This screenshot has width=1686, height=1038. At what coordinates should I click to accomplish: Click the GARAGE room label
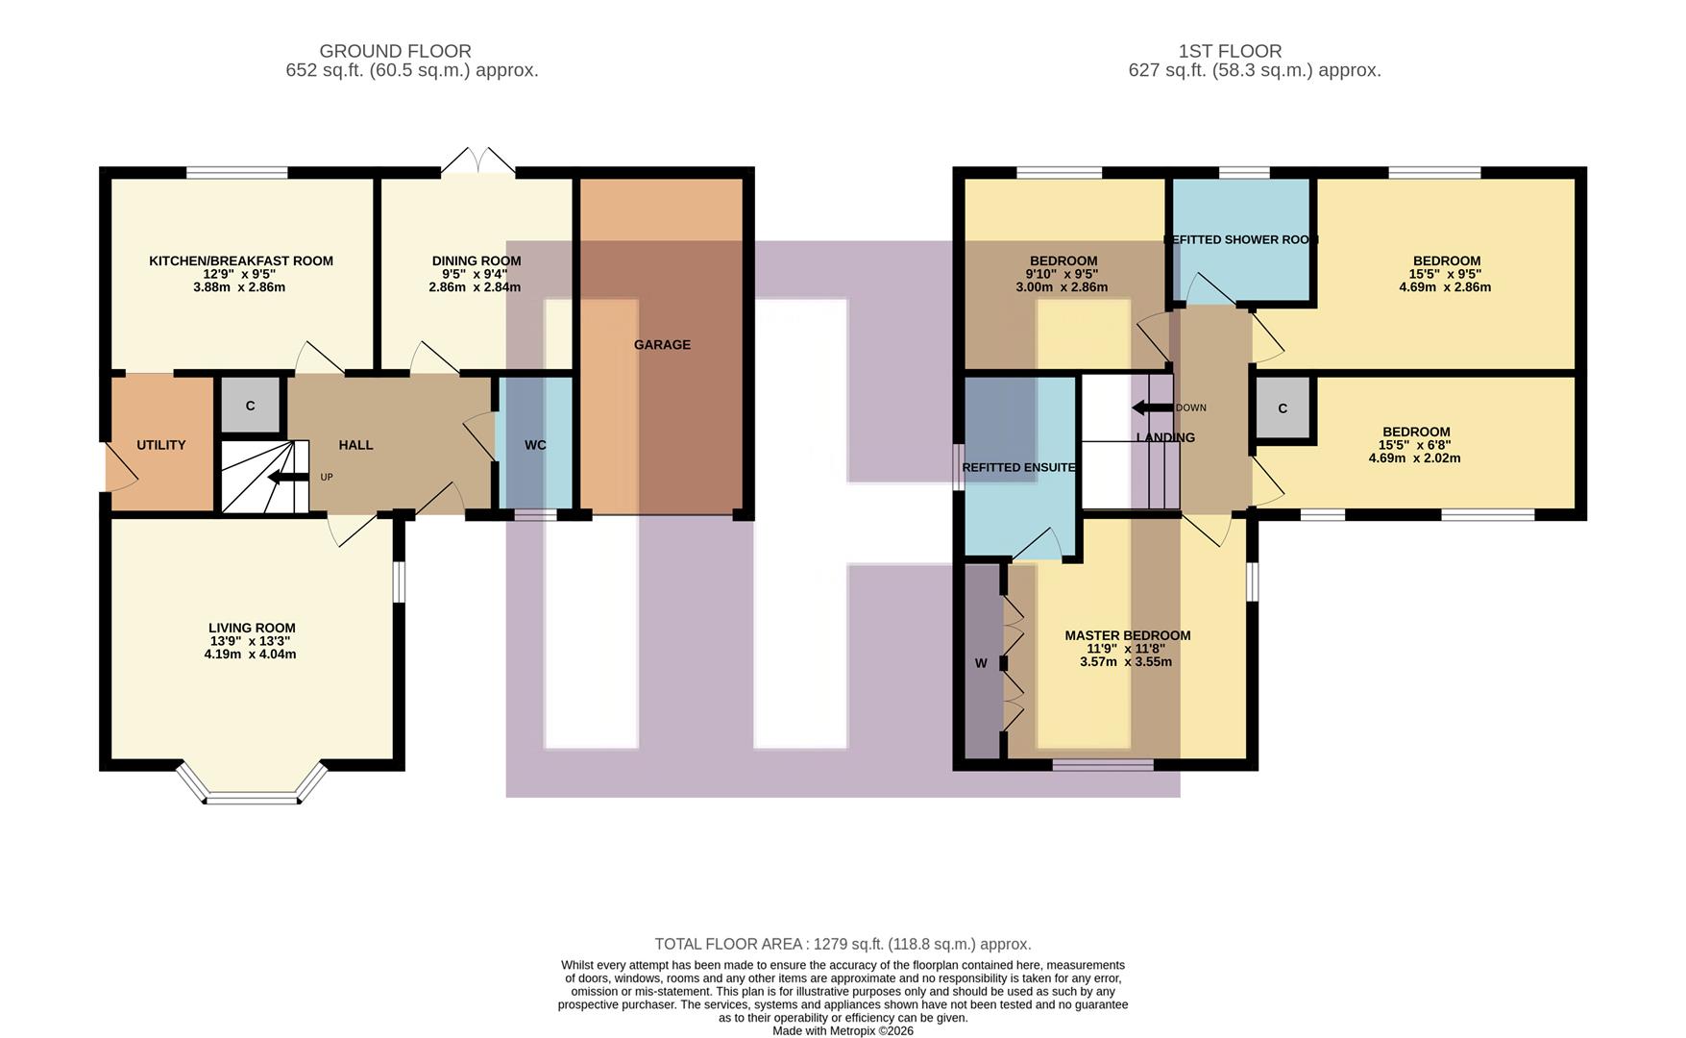(x=662, y=345)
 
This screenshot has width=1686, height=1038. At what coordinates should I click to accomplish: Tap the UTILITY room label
(x=160, y=445)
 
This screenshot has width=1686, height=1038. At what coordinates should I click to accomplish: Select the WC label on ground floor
(x=535, y=445)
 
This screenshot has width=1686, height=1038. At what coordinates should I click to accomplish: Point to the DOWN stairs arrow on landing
(x=1152, y=408)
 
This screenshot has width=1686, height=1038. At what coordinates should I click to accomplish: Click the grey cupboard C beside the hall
(x=250, y=406)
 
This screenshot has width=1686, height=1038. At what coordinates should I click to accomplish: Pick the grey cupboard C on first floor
(x=1283, y=408)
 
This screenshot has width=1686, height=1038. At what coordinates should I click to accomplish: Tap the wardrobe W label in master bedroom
(x=981, y=663)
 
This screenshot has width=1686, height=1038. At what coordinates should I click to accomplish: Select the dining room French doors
(x=477, y=161)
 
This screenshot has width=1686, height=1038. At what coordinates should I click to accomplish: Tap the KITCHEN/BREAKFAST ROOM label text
(x=241, y=260)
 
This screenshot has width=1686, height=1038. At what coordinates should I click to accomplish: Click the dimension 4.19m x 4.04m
(x=250, y=655)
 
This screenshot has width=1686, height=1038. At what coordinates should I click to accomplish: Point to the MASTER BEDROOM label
(x=1127, y=635)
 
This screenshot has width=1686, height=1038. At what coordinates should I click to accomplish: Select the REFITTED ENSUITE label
(x=1018, y=468)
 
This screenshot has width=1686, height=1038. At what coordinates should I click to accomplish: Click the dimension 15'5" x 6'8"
(x=1414, y=445)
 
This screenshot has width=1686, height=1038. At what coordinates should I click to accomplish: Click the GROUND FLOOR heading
(x=395, y=51)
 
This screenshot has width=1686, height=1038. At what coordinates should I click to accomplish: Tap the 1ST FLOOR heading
(x=1230, y=51)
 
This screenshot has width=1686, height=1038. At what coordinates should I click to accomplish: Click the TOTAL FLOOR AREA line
(x=843, y=944)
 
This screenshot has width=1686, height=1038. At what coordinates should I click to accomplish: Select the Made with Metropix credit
(x=843, y=1030)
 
